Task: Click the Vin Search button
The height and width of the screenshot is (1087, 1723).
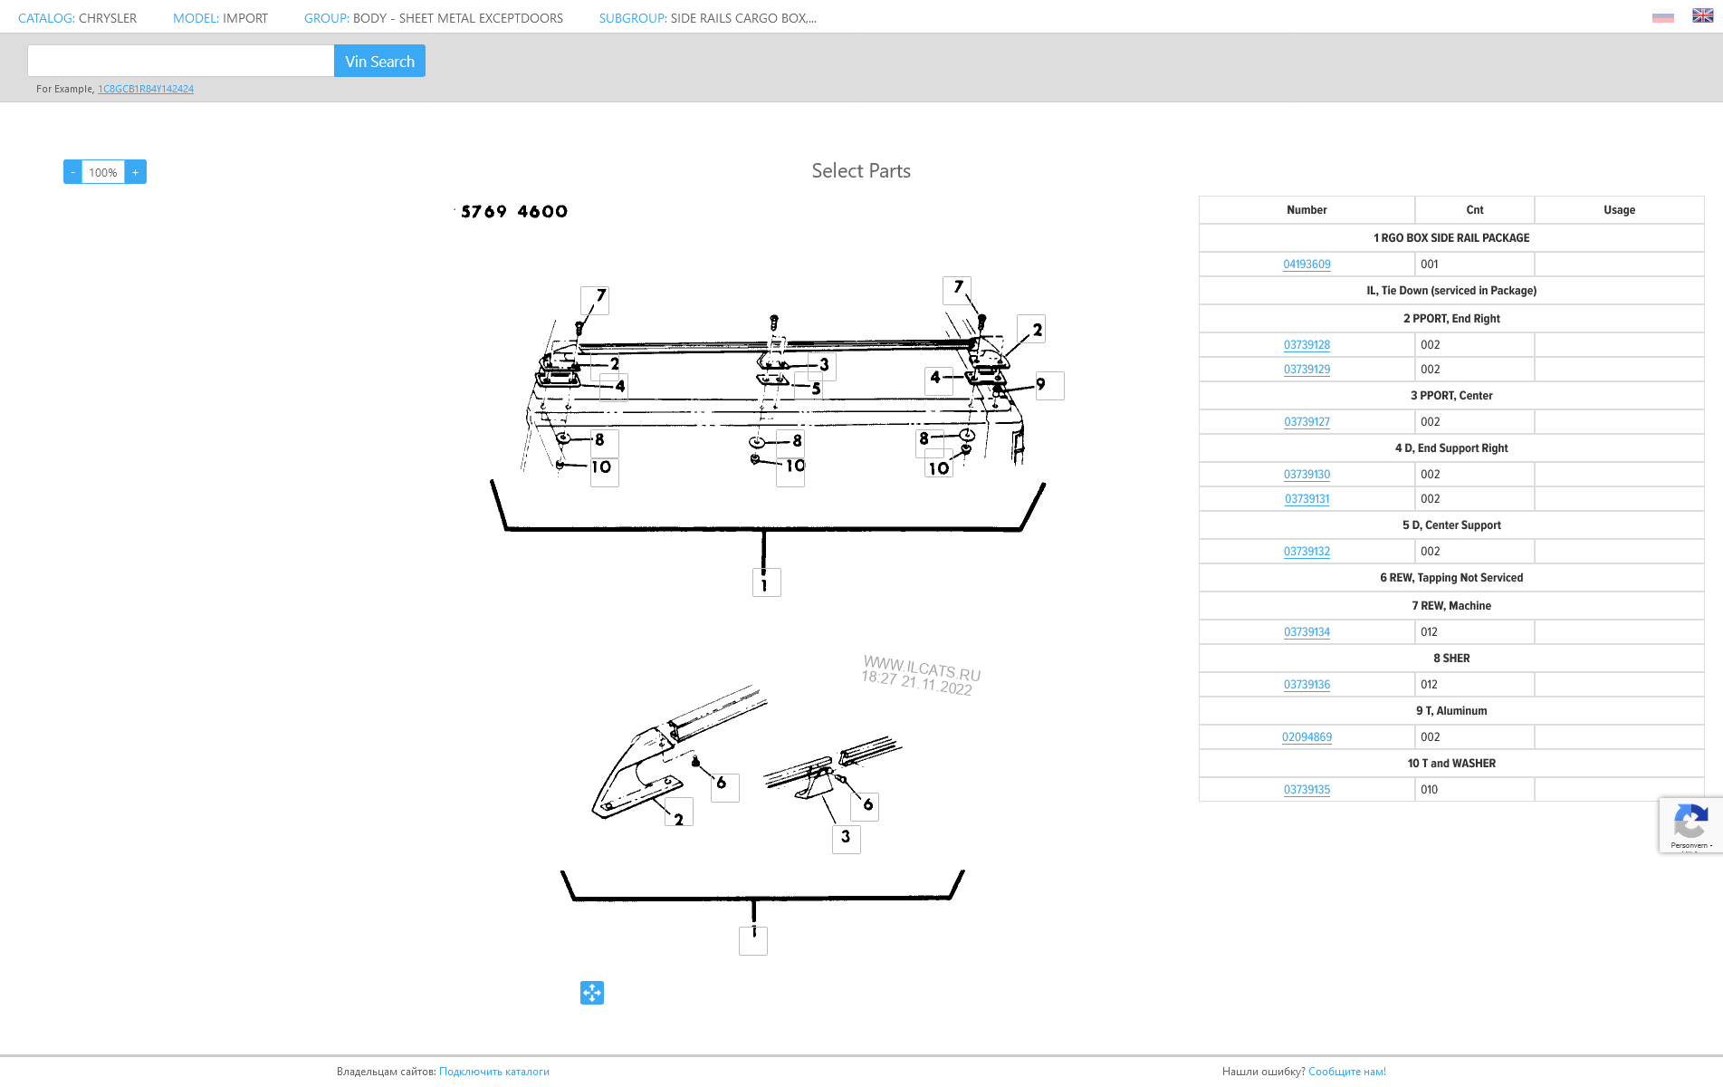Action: [379, 61]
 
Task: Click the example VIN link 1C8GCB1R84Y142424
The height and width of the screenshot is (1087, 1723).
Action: [146, 89]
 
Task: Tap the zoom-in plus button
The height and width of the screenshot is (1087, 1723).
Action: [136, 172]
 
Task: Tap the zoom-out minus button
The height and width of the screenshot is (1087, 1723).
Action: [72, 172]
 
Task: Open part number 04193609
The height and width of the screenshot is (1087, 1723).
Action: [1307, 265]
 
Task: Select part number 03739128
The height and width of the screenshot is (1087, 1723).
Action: [1307, 345]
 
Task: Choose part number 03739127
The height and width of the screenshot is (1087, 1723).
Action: [1307, 422]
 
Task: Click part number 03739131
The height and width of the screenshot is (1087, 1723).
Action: [1307, 499]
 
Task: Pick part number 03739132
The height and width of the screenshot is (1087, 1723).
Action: [1307, 552]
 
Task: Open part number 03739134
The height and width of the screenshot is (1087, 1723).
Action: [1307, 632]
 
